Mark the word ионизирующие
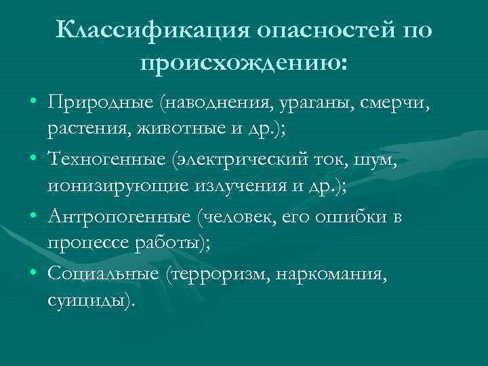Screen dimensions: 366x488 coord(118,186)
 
